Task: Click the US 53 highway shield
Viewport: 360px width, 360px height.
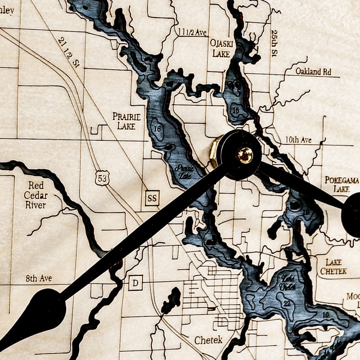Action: coord(102,178)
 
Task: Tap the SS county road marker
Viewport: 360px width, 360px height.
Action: coord(153,198)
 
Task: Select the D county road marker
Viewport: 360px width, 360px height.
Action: coord(135,283)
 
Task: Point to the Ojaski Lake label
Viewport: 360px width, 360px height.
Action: coord(220,48)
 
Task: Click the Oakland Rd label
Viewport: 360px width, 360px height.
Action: coord(313,72)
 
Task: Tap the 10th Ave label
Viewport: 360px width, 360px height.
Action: coord(298,140)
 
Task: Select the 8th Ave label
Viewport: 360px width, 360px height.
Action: coord(39,279)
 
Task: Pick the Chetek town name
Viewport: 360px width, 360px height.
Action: coord(208,340)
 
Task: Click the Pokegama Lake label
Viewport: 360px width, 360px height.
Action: coord(342,184)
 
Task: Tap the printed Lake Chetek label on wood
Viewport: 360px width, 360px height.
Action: coord(333,266)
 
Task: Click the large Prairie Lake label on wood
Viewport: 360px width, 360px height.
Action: coord(126,121)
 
